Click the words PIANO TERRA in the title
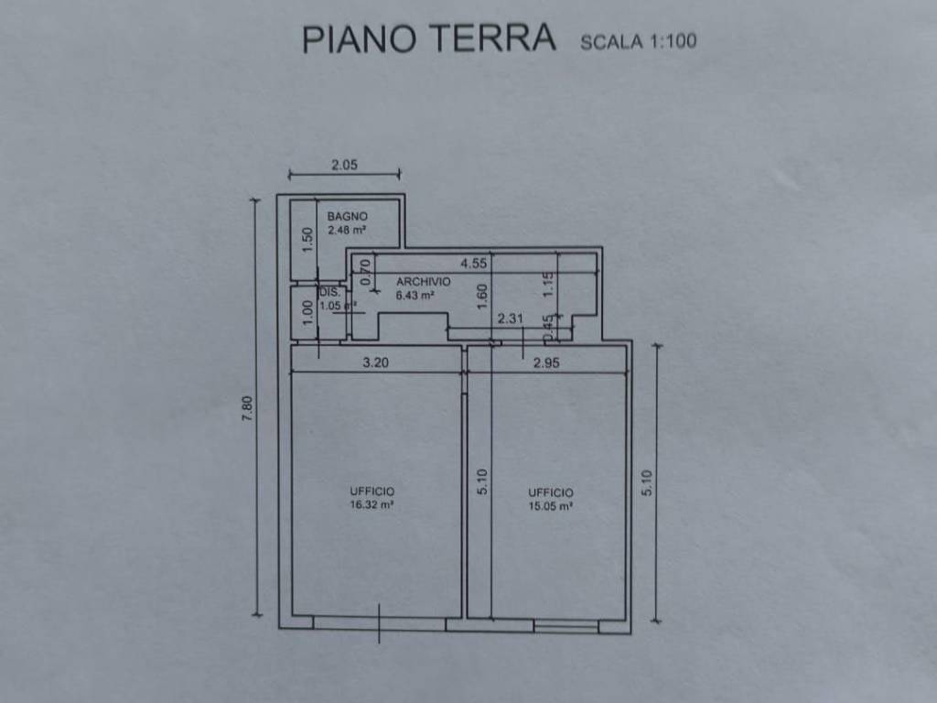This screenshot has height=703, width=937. [429, 38]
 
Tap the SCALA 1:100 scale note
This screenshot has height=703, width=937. [639, 41]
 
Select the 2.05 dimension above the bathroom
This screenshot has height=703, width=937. [344, 166]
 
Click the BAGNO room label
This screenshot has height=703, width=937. [348, 216]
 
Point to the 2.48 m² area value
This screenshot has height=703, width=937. [348, 231]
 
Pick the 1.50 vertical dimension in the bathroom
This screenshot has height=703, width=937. [308, 240]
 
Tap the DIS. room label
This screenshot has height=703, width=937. [328, 292]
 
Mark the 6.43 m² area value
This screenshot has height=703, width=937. [415, 296]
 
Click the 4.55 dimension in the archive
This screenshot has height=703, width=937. [473, 264]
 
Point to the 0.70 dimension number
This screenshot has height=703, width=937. [366, 272]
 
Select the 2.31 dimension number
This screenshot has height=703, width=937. [510, 319]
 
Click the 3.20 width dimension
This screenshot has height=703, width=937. [376, 362]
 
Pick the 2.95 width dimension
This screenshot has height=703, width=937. [546, 362]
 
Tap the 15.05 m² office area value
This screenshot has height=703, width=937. [550, 505]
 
